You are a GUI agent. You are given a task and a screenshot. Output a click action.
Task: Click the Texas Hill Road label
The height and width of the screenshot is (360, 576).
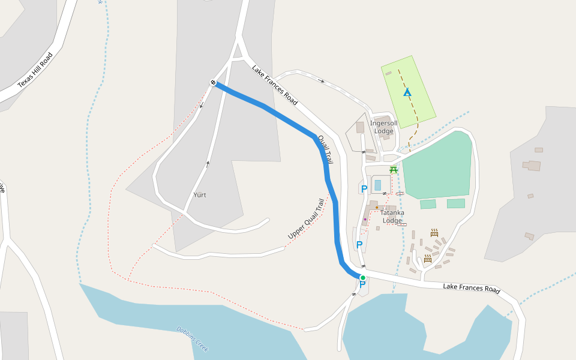[x=35, y=70]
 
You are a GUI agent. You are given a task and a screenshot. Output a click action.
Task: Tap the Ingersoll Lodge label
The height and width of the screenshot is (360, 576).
[x=383, y=127]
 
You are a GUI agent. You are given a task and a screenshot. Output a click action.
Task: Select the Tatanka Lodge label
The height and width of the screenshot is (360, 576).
[x=392, y=216]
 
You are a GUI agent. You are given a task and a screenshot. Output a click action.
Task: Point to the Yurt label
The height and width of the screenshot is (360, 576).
[x=200, y=195]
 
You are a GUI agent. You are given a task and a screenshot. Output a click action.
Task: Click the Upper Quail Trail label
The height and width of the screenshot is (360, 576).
[x=306, y=219]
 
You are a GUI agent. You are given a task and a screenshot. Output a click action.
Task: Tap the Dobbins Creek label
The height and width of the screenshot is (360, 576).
[x=192, y=338]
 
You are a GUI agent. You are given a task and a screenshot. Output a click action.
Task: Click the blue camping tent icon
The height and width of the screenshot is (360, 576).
[x=407, y=92]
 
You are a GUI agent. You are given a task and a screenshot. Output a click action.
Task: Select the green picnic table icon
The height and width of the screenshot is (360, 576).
[x=394, y=170]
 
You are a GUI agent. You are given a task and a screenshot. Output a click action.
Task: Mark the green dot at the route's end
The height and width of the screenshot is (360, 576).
[x=362, y=277]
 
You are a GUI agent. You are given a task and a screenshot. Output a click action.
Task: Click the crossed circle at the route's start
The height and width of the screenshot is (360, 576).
[x=213, y=82]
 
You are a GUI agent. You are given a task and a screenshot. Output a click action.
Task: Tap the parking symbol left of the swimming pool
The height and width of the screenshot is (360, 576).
[x=364, y=189]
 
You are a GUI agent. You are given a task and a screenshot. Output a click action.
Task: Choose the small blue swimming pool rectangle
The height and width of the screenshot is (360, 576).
[x=377, y=185]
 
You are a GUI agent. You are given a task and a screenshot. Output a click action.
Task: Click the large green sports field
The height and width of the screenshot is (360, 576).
[x=437, y=165]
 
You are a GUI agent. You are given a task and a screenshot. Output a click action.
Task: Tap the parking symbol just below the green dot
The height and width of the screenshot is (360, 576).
[x=361, y=285]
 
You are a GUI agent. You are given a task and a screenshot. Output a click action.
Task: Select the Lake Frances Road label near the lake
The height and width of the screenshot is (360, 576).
[x=471, y=289]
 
